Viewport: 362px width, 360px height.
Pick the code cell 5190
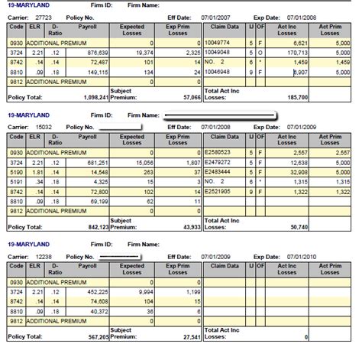15,173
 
